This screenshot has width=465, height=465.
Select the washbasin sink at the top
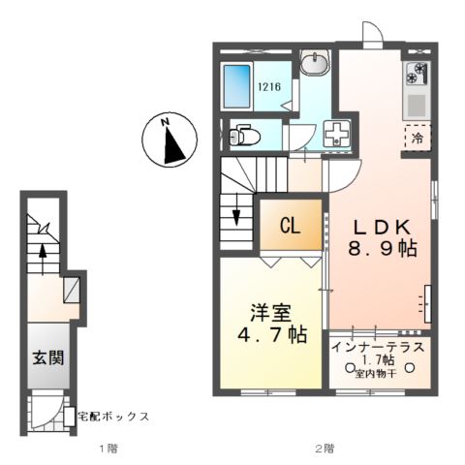[x=315, y=65]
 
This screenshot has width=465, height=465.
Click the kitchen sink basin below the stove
[x=418, y=103]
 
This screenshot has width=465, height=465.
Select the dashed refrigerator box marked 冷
[x=418, y=138]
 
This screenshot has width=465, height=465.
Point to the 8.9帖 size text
[x=384, y=249]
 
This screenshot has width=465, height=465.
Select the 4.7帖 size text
[x=271, y=335]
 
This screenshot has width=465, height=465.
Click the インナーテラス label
[x=381, y=346]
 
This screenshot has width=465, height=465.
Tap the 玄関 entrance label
[x=45, y=357]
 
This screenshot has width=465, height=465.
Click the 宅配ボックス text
[x=114, y=416]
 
